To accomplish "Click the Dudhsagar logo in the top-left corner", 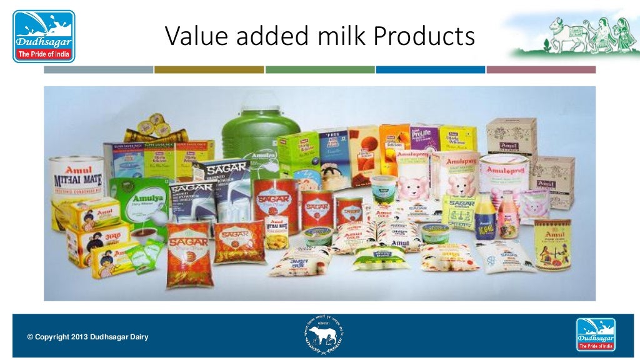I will coord(44,36).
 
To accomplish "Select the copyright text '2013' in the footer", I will coord(81,337).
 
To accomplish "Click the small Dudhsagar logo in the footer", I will coord(595,334).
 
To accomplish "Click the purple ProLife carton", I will coord(426,140).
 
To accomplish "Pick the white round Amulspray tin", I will coord(504,178).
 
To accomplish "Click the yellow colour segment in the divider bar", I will coord(209,70).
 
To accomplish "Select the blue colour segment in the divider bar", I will coord(430,70).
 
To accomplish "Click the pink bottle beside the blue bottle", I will coord(508,222).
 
